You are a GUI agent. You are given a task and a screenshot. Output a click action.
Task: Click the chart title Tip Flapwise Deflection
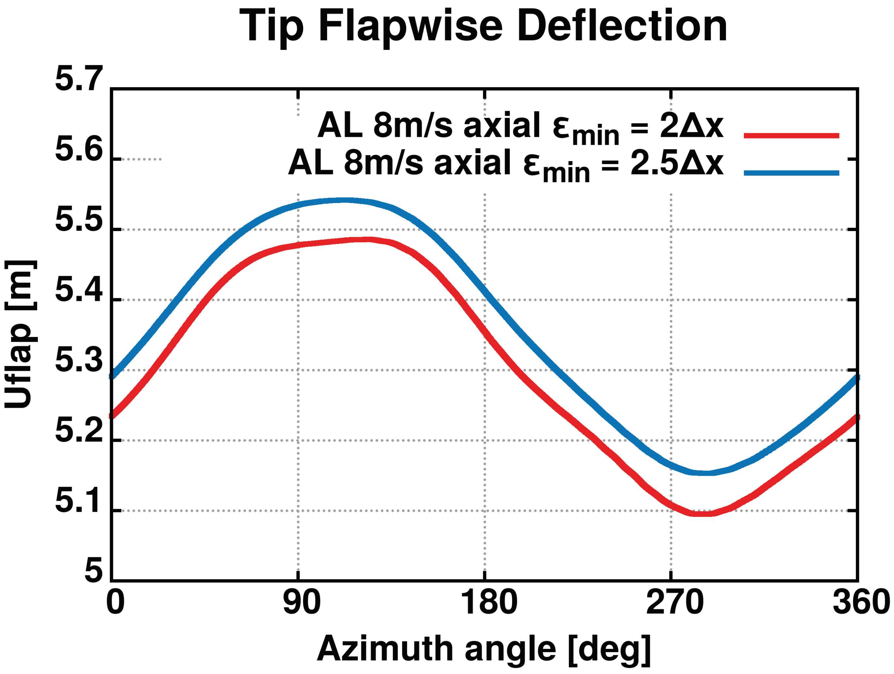pos(483,26)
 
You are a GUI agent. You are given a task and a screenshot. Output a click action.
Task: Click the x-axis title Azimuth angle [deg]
pos(484,649)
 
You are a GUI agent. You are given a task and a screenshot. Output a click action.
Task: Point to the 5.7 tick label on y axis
pos(79,79)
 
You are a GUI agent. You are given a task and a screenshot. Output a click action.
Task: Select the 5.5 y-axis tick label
pos(79,221)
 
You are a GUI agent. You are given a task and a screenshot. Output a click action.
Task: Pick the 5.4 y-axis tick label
pos(79,291)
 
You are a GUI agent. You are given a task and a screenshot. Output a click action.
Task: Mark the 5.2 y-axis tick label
pos(79,431)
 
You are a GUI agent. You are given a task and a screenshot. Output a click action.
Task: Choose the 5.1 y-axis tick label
pos(79,502)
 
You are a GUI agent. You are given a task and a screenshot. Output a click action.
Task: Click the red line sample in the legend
pos(791,136)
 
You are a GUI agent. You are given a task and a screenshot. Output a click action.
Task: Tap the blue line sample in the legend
pos(791,173)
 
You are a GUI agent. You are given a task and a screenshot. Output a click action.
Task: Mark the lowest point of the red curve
pos(703,514)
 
